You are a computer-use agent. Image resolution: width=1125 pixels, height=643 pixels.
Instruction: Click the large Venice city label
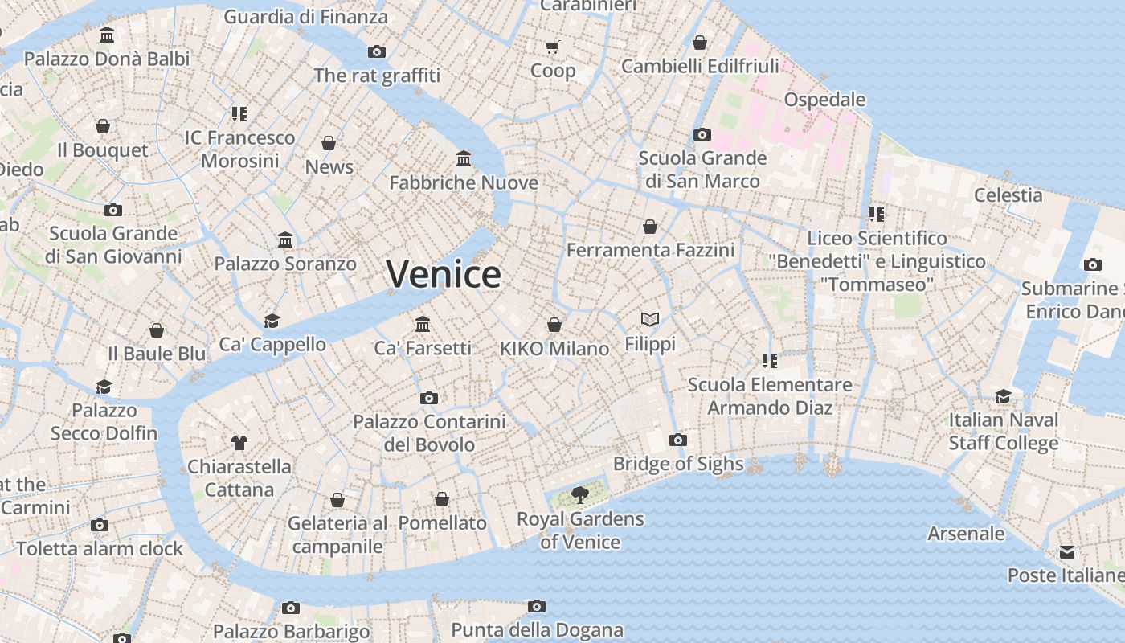pyautogui.click(x=444, y=274)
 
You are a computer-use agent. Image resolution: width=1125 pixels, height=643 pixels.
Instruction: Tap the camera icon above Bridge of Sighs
pyautogui.click(x=678, y=440)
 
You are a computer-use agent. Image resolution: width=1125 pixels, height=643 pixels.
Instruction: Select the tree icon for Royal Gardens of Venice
pyautogui.click(x=579, y=494)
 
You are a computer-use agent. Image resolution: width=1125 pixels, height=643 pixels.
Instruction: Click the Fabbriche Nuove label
pyautogui.click(x=464, y=183)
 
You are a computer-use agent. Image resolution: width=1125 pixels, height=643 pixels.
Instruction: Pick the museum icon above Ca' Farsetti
pyautogui.click(x=423, y=324)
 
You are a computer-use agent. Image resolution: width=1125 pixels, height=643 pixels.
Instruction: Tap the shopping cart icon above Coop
pyautogui.click(x=552, y=47)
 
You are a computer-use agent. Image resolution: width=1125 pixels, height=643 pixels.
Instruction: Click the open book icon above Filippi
pyautogui.click(x=650, y=320)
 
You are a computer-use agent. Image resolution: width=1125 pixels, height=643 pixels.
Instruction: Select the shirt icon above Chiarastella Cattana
pyautogui.click(x=239, y=442)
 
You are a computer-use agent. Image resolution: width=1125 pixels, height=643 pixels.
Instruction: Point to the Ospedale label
pyautogui.click(x=824, y=100)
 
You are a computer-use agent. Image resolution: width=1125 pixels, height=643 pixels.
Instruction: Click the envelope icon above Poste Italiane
pyautogui.click(x=1066, y=551)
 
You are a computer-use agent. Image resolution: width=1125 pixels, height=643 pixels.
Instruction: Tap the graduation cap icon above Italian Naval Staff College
pyautogui.click(x=1003, y=396)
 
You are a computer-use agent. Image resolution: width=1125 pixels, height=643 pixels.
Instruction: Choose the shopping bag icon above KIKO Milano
pyautogui.click(x=554, y=325)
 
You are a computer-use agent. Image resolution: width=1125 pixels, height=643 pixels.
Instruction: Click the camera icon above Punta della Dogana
pyautogui.click(x=537, y=606)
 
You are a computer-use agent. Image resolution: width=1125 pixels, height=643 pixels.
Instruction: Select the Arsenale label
pyautogui.click(x=966, y=534)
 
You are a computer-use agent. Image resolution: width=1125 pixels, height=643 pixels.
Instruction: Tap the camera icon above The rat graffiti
pyautogui.click(x=376, y=51)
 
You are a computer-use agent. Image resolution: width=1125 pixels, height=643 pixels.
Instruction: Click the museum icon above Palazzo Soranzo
pyautogui.click(x=285, y=240)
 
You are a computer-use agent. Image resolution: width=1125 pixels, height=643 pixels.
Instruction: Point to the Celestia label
pyautogui.click(x=1008, y=195)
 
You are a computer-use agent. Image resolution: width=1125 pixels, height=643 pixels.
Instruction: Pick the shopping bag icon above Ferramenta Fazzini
pyautogui.click(x=650, y=227)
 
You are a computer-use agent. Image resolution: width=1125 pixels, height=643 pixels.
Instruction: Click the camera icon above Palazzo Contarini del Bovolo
pyautogui.click(x=429, y=398)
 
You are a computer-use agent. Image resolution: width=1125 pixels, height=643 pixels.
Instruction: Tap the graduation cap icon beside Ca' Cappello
pyautogui.click(x=272, y=321)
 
